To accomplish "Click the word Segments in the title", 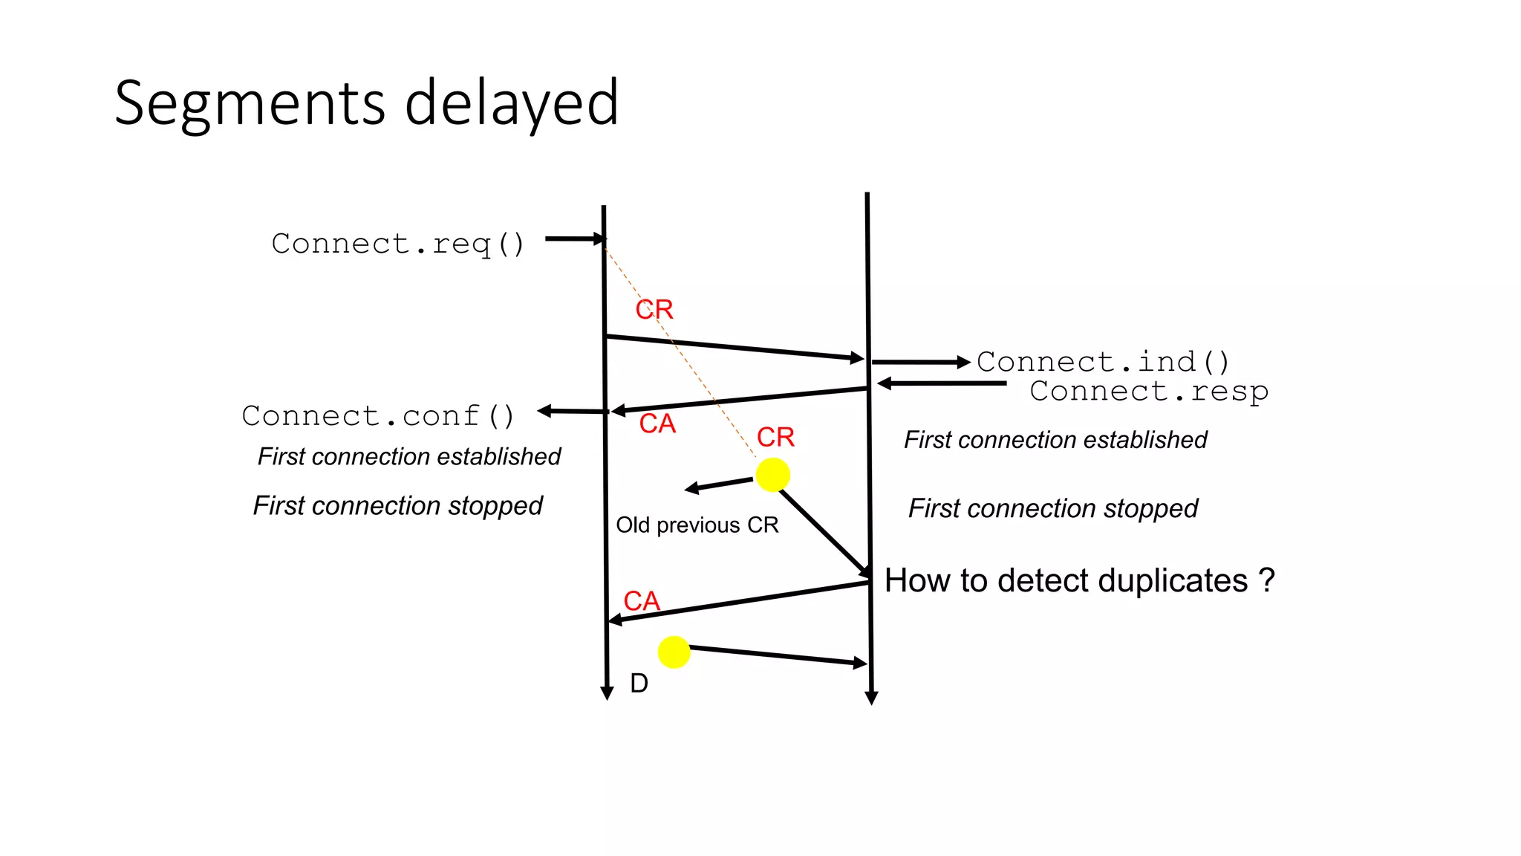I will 250,104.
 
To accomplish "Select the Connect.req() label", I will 398,244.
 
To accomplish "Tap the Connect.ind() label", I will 1103,362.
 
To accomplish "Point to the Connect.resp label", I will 1149,391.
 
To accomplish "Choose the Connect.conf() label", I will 378,416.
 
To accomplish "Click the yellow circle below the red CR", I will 772,475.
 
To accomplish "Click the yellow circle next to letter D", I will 674,652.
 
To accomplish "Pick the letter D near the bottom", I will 639,683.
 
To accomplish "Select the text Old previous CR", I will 697,525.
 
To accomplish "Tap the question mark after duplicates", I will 1267,580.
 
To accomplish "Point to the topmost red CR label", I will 654,309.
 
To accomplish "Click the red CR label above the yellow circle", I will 775,437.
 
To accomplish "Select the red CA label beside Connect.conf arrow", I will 657,424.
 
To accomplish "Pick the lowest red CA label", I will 641,601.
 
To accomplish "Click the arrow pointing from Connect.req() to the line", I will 576,239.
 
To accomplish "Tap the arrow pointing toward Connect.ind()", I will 921,363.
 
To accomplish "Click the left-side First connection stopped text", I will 397,506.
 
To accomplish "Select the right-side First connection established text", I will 1055,440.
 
